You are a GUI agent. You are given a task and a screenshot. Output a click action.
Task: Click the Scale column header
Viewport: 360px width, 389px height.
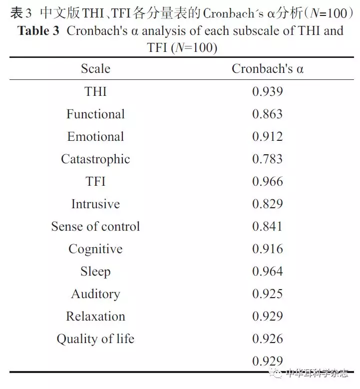95,69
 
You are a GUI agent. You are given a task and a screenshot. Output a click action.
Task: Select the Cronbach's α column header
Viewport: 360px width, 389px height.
267,69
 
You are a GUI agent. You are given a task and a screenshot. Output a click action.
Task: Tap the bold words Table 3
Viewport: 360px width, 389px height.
41,31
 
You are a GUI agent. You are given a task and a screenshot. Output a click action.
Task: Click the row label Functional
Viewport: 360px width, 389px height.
95,114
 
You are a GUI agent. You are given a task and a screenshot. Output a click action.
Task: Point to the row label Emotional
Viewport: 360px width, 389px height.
95,136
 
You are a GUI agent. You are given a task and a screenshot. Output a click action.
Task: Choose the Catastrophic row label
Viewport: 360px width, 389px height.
95,159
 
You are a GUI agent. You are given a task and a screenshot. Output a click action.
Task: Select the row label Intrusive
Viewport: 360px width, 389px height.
95,204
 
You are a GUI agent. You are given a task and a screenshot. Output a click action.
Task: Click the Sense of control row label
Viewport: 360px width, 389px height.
95,226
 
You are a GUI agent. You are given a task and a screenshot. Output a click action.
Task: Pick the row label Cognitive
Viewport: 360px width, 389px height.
95,249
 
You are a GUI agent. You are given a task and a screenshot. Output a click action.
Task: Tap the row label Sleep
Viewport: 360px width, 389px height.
95,271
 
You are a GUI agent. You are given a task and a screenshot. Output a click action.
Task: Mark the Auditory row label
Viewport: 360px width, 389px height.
95,294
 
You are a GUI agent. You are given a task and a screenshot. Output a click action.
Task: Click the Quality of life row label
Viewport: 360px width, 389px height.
95,339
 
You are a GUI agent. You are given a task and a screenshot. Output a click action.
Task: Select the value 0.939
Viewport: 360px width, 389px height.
267,91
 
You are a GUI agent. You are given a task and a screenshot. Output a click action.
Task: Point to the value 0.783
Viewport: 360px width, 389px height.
267,159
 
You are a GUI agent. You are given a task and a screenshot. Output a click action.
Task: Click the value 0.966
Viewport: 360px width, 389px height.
267,181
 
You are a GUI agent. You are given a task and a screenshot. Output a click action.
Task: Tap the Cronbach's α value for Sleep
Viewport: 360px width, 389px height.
267,271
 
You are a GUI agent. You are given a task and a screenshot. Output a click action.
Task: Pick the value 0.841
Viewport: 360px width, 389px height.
267,226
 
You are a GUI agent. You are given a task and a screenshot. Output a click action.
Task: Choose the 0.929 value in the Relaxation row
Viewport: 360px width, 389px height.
267,316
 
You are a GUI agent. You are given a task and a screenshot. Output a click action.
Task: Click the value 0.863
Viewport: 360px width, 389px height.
267,114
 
